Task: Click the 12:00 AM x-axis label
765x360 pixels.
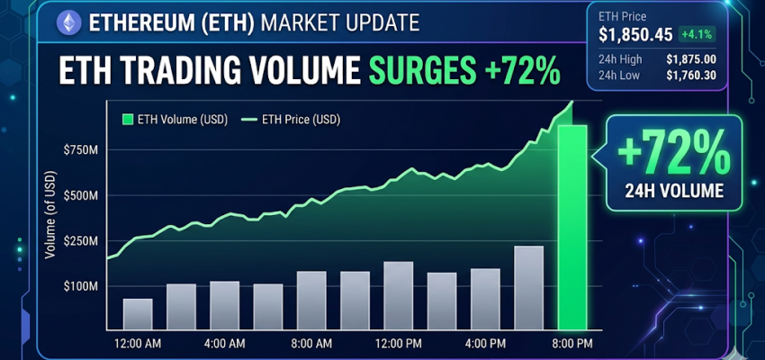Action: coord(137,343)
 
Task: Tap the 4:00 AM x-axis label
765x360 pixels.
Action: coord(224,343)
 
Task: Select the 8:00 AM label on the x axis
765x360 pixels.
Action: coord(311,343)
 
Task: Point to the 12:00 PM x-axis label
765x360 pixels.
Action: coord(398,343)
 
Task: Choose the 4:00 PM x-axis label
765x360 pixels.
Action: coord(485,343)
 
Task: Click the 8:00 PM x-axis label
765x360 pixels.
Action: coord(572,343)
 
